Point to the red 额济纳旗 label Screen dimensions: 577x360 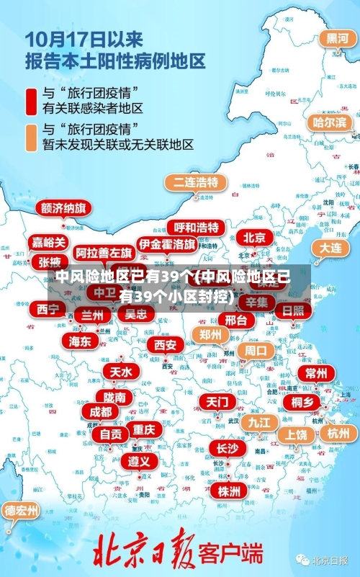click(x=64, y=209)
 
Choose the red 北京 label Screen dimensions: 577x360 click(x=253, y=237)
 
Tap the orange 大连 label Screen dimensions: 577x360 click(x=330, y=247)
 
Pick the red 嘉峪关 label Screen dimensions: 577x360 click(x=48, y=242)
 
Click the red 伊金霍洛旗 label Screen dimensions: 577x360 click(x=167, y=244)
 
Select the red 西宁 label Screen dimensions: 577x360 click(x=48, y=309)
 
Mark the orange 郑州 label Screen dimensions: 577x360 click(x=210, y=334)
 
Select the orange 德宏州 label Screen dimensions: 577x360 click(x=22, y=511)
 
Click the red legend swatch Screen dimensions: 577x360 click(x=31, y=102)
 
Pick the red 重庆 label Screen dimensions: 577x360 click(x=143, y=429)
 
